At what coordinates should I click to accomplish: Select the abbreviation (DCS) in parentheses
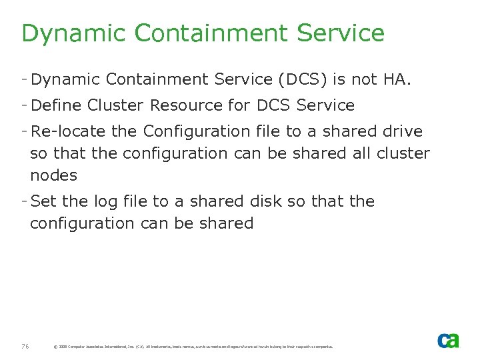click(299, 81)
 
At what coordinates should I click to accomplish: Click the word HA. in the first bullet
click(398, 81)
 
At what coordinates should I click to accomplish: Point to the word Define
click(56, 105)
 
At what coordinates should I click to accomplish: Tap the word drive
click(399, 131)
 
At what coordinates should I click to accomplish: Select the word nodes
click(53, 176)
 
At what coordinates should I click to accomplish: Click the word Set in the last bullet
click(43, 201)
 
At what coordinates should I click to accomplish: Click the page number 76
click(25, 346)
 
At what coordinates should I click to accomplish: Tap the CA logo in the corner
click(448, 341)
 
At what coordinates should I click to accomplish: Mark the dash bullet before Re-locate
click(25, 131)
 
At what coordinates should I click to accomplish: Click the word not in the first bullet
click(365, 81)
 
